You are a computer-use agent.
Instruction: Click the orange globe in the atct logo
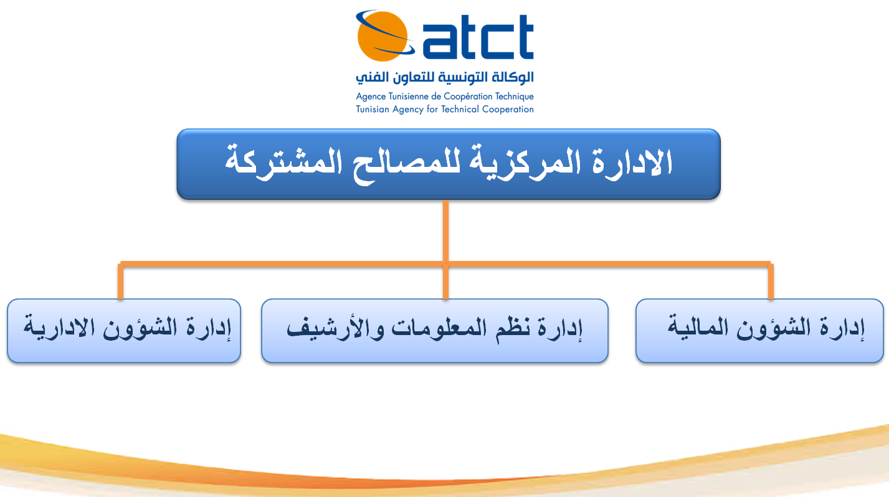tap(382, 37)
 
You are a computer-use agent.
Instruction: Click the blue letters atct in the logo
tap(478, 37)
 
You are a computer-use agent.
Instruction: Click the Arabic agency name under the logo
tap(445, 77)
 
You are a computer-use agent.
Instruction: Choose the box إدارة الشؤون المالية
tap(759, 331)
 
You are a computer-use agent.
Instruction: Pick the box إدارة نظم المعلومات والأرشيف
tap(435, 331)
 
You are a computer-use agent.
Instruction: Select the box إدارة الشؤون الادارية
tap(124, 331)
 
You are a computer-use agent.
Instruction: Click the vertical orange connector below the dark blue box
tap(445, 231)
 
